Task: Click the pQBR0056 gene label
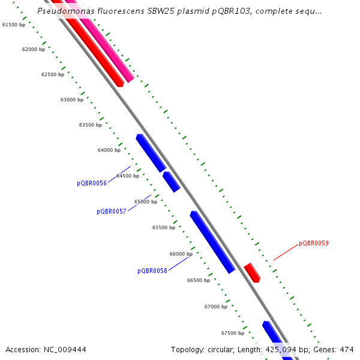pos(92,183)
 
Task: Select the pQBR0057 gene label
pos(112,211)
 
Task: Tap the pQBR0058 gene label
pos(152,271)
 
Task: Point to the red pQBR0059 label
pos(314,244)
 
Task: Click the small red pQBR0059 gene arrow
pos(252,272)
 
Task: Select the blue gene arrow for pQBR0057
pos(172,182)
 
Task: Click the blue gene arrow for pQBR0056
pos(151,153)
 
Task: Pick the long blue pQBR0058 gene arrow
pos(212,242)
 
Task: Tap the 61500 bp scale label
pos(14,25)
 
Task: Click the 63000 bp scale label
pos(72,100)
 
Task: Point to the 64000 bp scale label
pos(109,150)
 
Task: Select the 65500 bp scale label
pos(164,227)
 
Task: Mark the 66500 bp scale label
pos(199,280)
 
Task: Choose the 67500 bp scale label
pos(233,333)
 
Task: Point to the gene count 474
pos(347,349)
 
